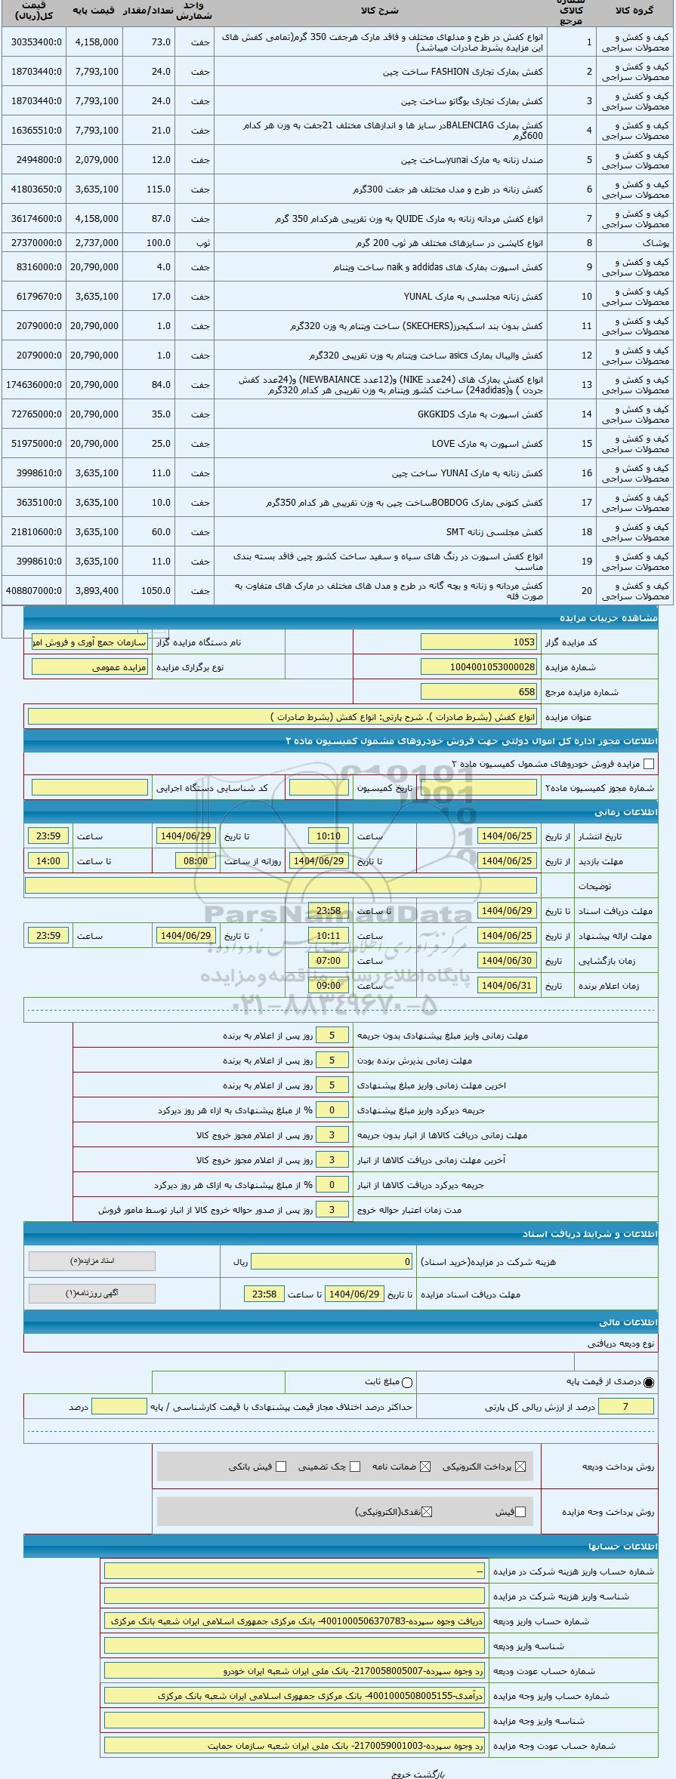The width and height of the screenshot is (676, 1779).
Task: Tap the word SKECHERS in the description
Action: coord(426,326)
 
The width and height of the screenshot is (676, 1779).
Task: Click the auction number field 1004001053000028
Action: coord(479,667)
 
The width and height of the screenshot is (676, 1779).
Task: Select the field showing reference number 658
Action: coord(479,691)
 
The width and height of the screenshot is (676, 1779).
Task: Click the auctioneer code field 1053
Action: coord(479,642)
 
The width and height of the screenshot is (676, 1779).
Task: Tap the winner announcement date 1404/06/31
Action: coord(507,986)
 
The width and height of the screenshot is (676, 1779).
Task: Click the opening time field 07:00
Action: coord(329,961)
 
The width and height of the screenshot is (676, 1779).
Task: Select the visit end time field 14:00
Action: coord(48,860)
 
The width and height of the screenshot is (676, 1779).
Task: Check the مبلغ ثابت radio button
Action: coord(408,1382)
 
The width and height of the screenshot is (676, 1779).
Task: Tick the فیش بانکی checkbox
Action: coord(281,1467)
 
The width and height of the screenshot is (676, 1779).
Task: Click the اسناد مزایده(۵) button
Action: coord(91,1261)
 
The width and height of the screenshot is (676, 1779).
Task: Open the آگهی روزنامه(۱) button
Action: coord(91,1293)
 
